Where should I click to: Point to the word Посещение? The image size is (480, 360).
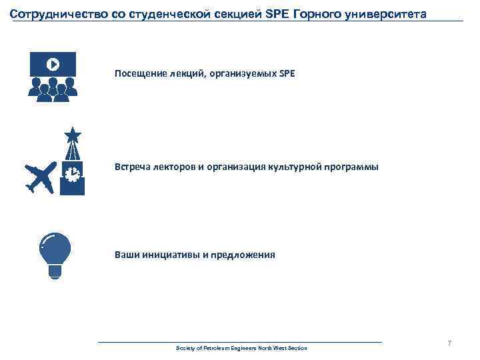[x=137, y=73]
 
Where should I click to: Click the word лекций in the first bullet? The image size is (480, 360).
[x=179, y=73]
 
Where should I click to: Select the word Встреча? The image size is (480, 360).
[x=131, y=167]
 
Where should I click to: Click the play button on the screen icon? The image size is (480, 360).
[x=53, y=64]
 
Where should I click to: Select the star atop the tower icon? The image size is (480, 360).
[x=72, y=135]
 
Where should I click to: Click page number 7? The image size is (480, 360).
[x=449, y=343]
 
